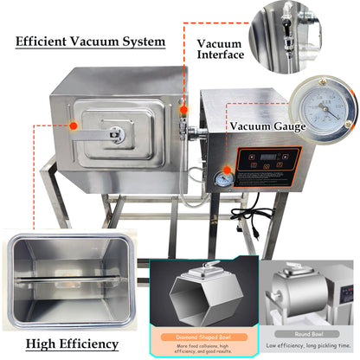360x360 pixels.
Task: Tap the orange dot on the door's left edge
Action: click(x=74, y=125)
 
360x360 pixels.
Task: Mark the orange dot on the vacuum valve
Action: click(x=183, y=109)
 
